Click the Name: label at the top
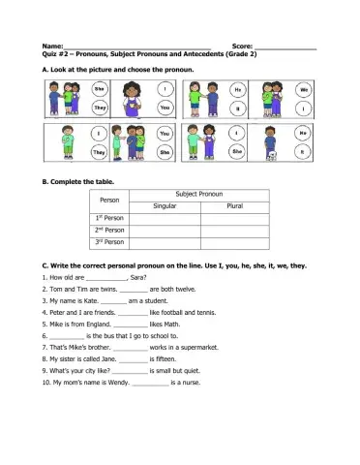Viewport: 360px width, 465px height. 51,46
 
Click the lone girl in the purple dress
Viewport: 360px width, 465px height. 134,98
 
